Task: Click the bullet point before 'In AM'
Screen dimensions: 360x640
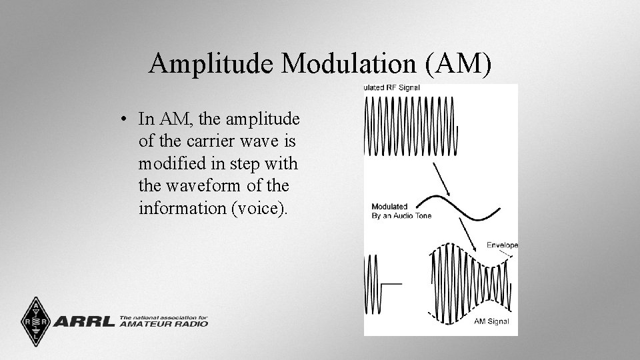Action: point(125,120)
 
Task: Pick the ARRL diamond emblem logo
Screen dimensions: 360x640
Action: point(31,321)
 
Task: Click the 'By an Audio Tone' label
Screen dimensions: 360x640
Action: point(401,215)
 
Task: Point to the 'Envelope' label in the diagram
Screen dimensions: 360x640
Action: point(502,245)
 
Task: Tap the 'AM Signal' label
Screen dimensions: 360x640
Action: point(491,322)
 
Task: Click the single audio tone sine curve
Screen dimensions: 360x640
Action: point(467,206)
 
